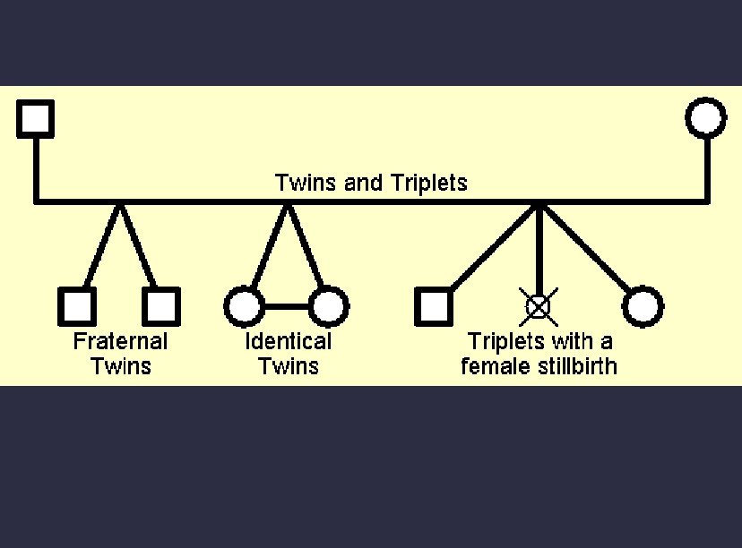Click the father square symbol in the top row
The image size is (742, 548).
(36, 118)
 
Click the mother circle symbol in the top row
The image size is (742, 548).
(706, 118)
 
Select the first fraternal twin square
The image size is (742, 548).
(76, 306)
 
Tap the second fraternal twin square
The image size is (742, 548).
(161, 306)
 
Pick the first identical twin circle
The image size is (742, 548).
(243, 306)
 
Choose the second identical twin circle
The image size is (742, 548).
(328, 306)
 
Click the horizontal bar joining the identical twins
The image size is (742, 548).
(286, 306)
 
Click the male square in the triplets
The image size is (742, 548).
(434, 306)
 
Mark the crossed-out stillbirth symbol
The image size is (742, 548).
(538, 306)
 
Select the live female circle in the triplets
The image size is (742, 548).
(643, 306)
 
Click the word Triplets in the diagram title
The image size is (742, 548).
(430, 184)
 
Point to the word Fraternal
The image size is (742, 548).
(120, 341)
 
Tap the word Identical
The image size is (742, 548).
(288, 341)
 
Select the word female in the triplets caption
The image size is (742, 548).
(495, 365)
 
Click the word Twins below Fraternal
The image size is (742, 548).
(121, 365)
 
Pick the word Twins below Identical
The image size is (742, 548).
(288, 365)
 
